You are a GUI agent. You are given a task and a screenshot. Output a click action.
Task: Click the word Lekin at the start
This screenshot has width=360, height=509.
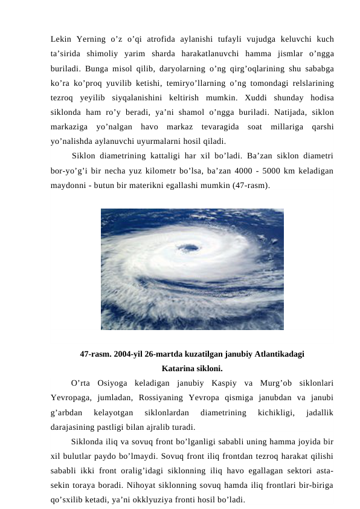click(x=62, y=39)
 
